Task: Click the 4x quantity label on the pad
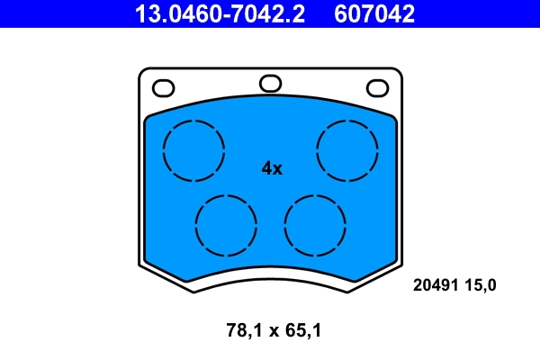point(271,168)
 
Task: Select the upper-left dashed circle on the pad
point(193,148)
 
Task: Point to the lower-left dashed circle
point(225,224)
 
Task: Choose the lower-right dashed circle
point(314,224)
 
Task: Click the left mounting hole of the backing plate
point(163,88)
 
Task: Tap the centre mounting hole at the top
point(270,84)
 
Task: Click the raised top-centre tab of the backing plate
point(270,75)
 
